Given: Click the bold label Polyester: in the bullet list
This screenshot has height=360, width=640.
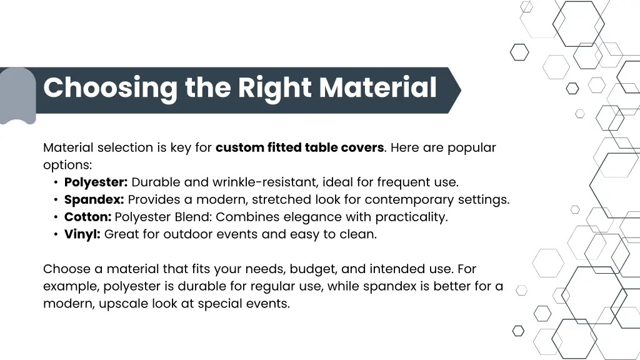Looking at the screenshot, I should (96, 182).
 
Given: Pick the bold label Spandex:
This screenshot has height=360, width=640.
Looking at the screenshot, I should (94, 200).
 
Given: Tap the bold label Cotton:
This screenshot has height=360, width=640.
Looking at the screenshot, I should (87, 217).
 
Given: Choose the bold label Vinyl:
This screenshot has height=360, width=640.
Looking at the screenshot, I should (82, 235).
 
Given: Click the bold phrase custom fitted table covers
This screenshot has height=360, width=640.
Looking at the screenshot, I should (299, 148).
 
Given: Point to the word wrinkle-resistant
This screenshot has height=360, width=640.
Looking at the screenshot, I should (266, 182).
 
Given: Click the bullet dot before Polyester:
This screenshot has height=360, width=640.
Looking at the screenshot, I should (56, 183).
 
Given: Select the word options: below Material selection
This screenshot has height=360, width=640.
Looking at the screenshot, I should (67, 166).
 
